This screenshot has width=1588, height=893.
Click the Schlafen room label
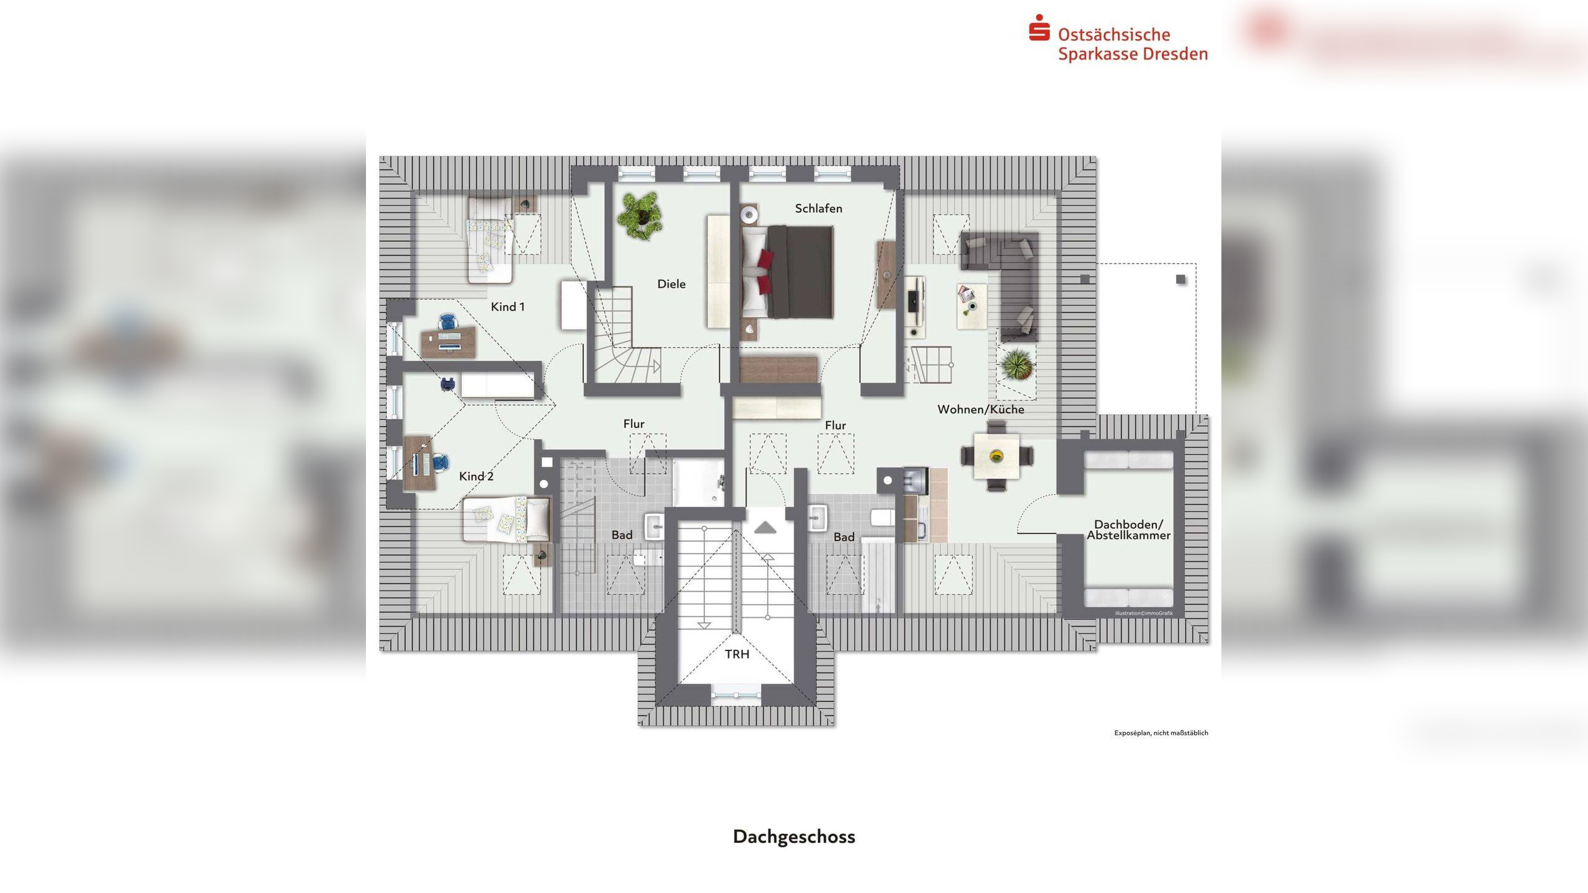pos(818,208)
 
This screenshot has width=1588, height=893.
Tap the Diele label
pos(671,284)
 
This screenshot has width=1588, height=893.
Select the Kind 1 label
pos(507,306)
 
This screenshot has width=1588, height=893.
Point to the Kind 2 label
pos(476,476)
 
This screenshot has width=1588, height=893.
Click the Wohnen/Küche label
pos(980,409)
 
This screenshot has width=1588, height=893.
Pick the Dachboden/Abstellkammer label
pos(1128,530)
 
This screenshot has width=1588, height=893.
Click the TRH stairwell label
pos(737,654)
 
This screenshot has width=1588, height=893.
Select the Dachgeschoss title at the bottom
pos(794,837)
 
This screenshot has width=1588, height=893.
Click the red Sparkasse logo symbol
pos(1039,28)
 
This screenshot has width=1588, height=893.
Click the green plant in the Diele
pos(640,215)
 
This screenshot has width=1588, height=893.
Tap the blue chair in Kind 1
pos(447,322)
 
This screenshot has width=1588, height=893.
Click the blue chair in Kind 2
pos(440,463)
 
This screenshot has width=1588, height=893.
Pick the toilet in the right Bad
pos(882,518)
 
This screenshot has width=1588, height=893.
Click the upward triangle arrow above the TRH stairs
pos(765,528)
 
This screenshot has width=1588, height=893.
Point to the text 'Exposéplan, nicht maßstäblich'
pos(1161,733)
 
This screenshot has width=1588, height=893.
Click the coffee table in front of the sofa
pos(971,306)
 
